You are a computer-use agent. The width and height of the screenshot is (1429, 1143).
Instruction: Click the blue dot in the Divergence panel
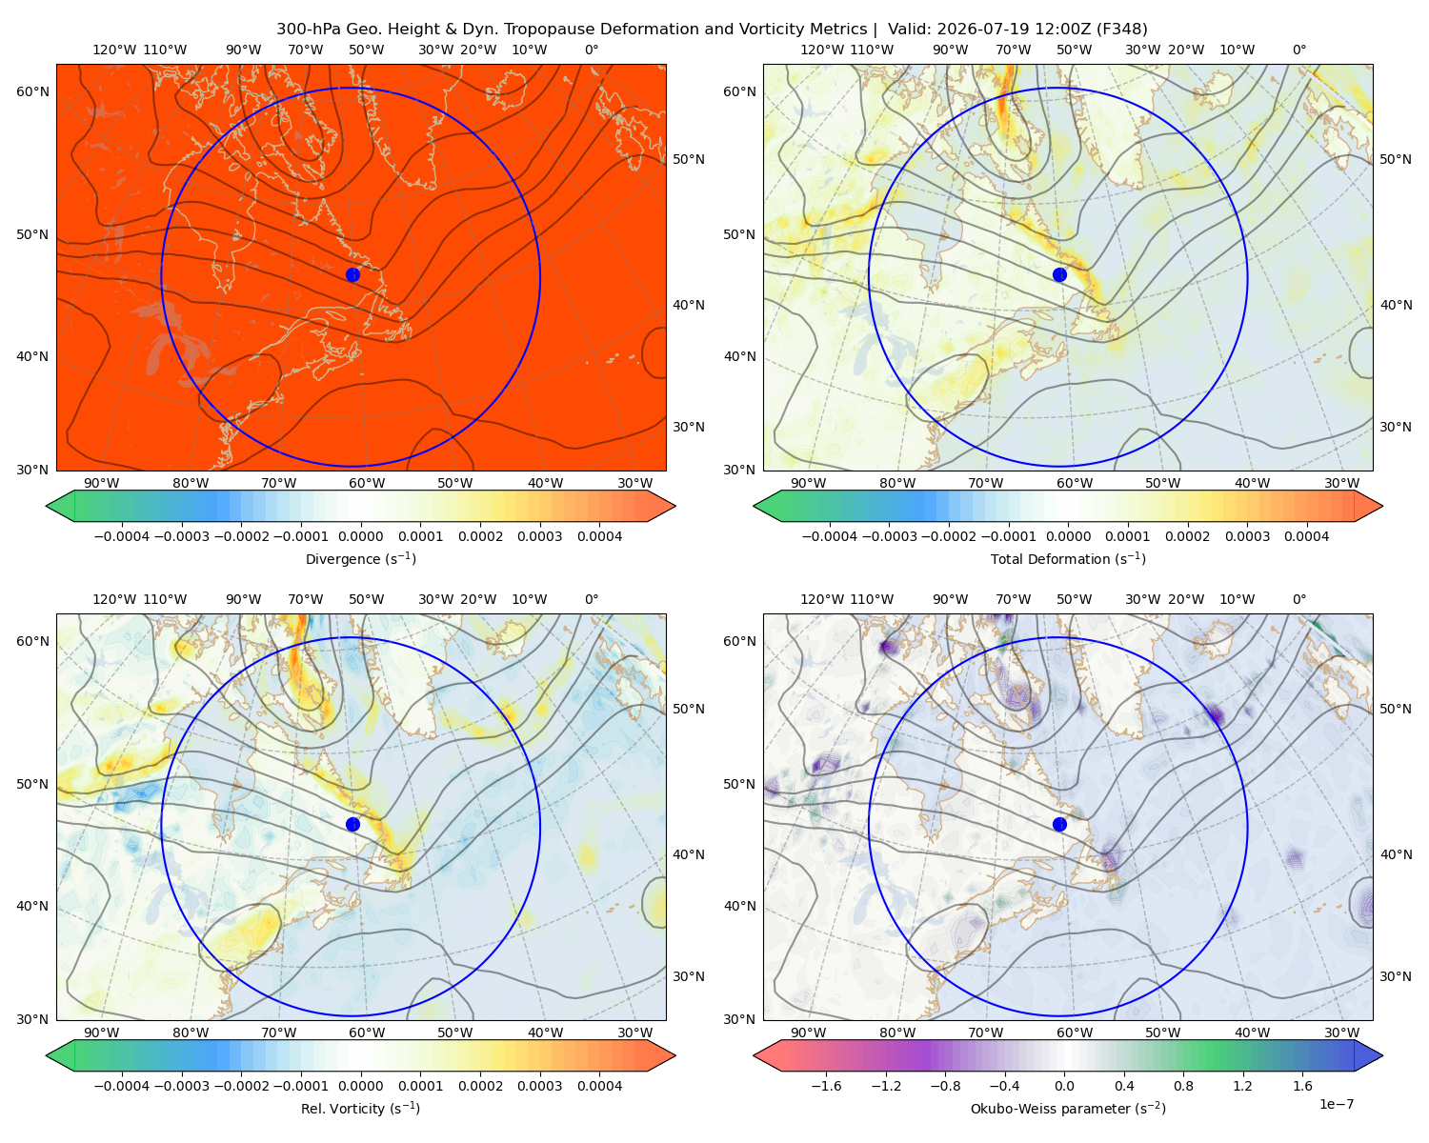click(352, 274)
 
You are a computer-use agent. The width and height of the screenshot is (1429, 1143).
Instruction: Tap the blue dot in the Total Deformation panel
click(1059, 274)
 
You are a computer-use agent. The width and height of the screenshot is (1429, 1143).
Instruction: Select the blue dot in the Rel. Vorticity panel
click(352, 824)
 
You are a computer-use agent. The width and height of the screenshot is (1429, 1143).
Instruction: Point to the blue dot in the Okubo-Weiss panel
click(1059, 824)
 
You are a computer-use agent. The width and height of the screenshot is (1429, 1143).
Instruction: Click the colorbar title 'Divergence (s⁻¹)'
click(360, 558)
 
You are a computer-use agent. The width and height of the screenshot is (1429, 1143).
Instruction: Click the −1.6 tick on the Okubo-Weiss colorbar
click(826, 1085)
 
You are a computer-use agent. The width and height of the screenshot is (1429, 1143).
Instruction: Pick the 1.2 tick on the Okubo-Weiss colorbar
click(1242, 1085)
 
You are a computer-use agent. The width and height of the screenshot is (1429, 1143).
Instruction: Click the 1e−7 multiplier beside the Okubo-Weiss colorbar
click(1336, 1104)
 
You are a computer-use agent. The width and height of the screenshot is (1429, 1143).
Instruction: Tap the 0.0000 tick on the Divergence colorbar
click(360, 536)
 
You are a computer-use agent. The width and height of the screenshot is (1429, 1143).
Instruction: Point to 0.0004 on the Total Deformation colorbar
click(1306, 536)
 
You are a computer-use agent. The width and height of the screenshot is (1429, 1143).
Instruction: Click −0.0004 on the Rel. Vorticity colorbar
click(122, 1085)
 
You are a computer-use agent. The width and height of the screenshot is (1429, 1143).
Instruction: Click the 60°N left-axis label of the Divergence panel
click(32, 91)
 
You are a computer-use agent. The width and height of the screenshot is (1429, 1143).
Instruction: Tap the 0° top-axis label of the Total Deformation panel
click(1298, 50)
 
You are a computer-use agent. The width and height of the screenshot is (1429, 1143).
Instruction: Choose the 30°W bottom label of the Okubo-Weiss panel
click(1341, 1033)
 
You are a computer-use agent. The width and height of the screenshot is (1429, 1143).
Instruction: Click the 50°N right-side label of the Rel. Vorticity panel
click(689, 708)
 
